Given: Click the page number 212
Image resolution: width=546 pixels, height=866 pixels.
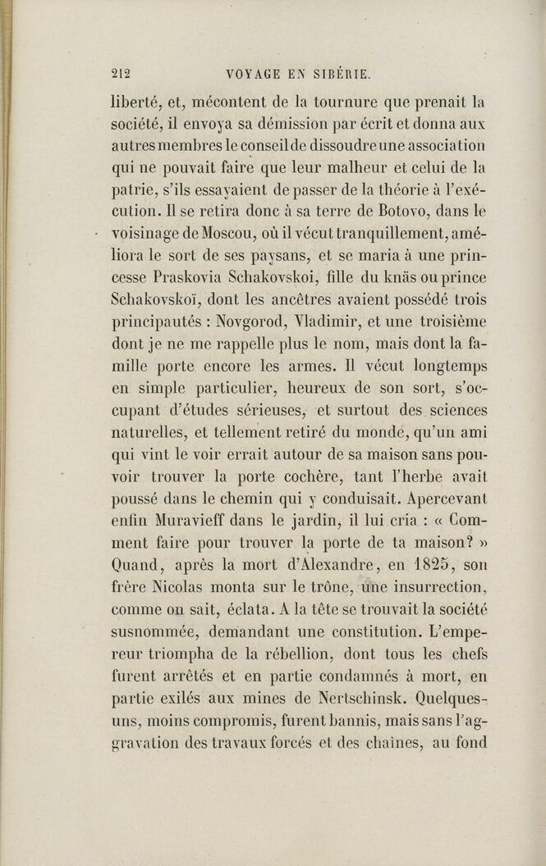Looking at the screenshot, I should coord(122,72).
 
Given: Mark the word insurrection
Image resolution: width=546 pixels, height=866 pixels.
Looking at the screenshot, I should coord(440,585).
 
